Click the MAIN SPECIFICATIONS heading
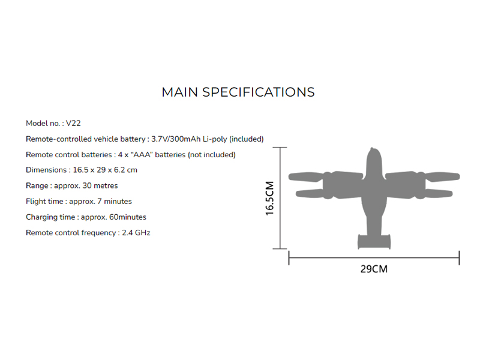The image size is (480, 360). coord(238,92)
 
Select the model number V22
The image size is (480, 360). coord(73,123)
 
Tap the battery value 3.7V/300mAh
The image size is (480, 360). coord(176,139)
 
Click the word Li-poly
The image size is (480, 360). coord(215,139)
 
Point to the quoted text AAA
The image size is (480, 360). coord(142,155)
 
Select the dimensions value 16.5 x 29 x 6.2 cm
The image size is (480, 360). coord(105,170)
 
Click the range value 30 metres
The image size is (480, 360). coord(100,185)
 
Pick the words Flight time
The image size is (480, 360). coord(44,202)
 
